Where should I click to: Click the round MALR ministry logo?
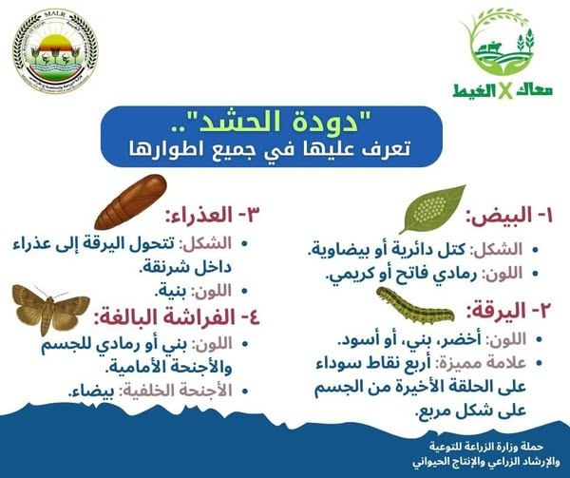[x=55, y=50]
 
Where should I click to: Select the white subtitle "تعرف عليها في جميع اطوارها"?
[x=270, y=149]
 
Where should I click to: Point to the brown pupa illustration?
[x=130, y=201]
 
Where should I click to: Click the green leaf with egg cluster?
[x=432, y=209]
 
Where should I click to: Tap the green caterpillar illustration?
[x=415, y=306]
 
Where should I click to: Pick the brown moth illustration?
[x=51, y=309]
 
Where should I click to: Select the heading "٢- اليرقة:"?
[x=509, y=311]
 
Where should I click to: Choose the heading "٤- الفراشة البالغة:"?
[x=178, y=317]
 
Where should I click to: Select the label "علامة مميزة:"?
[x=480, y=363]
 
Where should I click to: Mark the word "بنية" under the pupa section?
[x=170, y=291]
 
